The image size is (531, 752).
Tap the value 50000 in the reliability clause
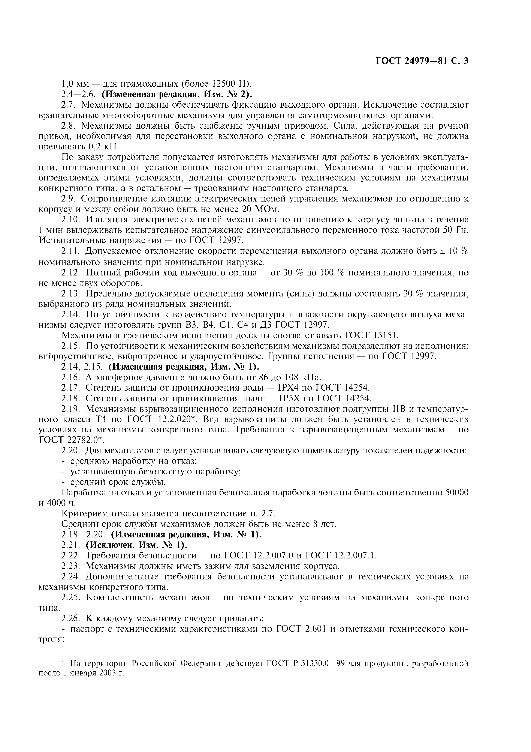[x=457, y=493]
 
